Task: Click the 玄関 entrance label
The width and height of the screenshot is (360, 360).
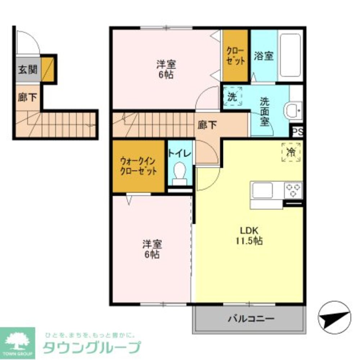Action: [x=28, y=69]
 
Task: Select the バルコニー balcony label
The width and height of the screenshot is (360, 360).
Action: [x=251, y=319]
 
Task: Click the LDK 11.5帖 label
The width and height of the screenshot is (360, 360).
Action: [x=249, y=236]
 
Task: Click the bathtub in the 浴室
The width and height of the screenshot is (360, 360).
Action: [x=290, y=55]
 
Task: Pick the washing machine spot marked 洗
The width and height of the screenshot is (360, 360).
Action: [x=232, y=96]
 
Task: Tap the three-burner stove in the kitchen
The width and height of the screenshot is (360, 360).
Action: [x=293, y=190]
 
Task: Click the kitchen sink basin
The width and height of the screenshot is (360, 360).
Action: [x=262, y=190]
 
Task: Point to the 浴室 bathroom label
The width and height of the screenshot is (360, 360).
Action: [x=264, y=56]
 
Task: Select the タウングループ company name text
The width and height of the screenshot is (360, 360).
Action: [x=91, y=348]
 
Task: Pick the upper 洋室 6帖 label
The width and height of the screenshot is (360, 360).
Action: [x=166, y=70]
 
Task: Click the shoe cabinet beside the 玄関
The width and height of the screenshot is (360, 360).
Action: [x=47, y=69]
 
